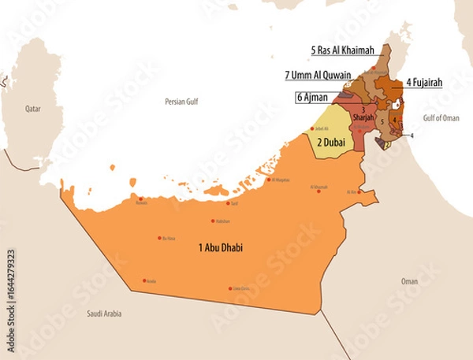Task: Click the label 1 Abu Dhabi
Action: click(221, 248)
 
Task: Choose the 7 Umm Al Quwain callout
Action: click(318, 76)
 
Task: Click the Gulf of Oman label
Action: click(441, 117)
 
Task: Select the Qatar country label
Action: click(32, 109)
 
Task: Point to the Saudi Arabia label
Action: click(104, 314)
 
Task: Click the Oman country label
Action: click(409, 281)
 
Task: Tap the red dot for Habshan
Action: click(213, 221)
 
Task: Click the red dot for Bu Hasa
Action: click(160, 238)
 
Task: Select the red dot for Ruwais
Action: click(140, 199)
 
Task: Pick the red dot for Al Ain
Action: click(359, 191)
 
